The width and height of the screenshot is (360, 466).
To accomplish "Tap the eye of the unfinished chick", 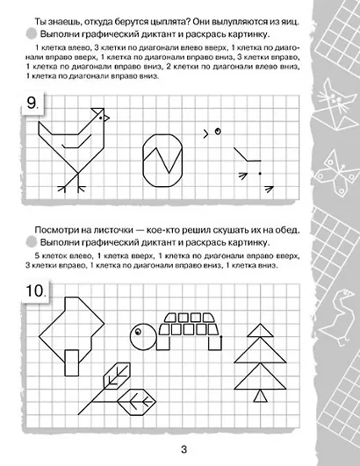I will (x=216, y=132).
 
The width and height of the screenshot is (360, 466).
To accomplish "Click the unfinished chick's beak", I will (x=206, y=133).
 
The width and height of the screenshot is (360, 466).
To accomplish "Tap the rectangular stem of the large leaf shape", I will (x=70, y=357).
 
